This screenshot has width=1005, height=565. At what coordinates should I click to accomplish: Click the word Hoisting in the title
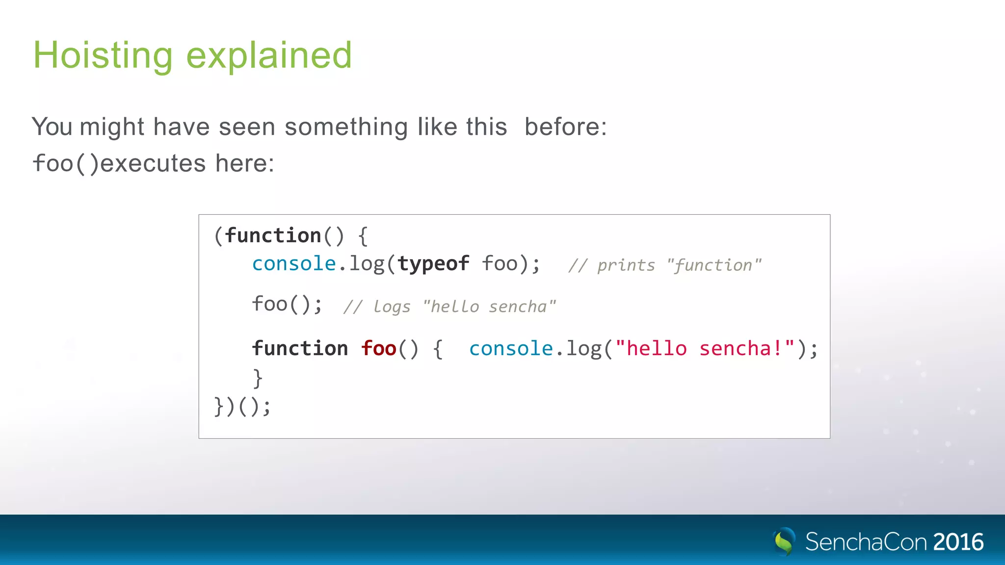(103, 55)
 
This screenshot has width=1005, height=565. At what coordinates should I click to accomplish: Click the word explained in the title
(269, 55)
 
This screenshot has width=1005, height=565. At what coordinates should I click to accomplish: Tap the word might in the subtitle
(112, 127)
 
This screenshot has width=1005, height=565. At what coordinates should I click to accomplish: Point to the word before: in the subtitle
(565, 127)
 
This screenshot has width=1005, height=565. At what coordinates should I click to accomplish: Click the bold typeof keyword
(433, 264)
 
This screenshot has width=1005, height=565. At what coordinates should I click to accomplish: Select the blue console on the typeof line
(293, 264)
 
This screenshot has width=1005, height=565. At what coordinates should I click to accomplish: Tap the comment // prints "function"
(664, 265)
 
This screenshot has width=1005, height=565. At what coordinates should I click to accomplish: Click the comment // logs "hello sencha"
(450, 307)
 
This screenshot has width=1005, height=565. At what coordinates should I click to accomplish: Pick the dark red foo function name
(378, 349)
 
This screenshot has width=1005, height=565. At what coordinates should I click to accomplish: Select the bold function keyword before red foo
(300, 349)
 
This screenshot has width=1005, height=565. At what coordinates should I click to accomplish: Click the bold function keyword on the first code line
(273, 236)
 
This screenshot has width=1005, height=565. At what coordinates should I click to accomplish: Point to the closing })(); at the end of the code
(242, 407)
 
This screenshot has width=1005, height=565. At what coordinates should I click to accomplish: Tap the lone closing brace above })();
(258, 378)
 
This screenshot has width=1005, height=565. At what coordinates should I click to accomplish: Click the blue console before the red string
(511, 349)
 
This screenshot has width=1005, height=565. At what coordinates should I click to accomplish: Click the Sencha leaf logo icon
(784, 541)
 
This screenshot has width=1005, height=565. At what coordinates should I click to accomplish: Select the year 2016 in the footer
(958, 542)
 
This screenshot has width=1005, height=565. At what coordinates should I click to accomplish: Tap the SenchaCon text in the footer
(866, 542)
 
